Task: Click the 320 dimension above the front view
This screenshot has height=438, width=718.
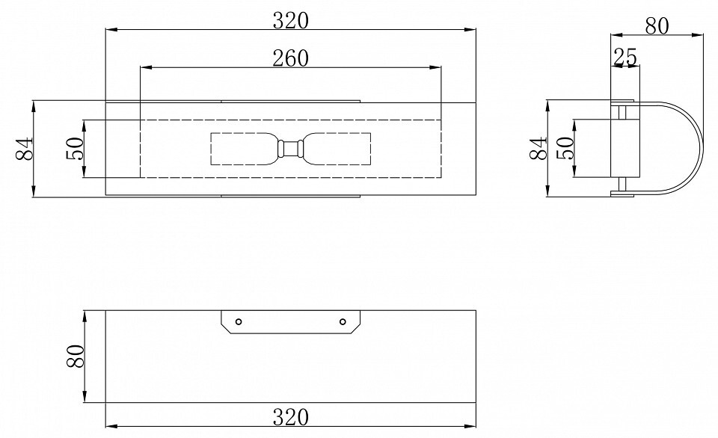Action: (291, 21)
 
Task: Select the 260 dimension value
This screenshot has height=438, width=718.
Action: (291, 58)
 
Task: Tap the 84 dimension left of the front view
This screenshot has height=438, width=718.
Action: (25, 148)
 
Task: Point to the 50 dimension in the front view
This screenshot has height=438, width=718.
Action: (76, 148)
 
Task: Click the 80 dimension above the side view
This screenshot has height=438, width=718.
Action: (657, 26)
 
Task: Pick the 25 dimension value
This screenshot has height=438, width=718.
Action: (625, 58)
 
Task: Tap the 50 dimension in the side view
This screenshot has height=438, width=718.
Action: (565, 148)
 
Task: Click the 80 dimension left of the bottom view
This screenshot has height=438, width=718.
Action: (76, 356)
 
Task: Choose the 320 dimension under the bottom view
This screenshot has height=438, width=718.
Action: (291, 417)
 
